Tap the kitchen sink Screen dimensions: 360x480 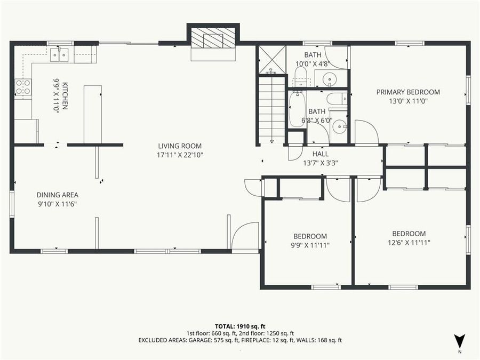(x=59, y=53)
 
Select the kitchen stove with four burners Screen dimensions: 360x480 (x=23, y=87)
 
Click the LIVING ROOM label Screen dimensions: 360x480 (x=180, y=146)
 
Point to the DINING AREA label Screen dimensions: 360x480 (x=58, y=195)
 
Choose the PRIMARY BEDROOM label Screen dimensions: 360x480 (x=408, y=92)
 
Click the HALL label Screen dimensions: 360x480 (x=320, y=154)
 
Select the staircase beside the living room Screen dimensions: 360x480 (x=272, y=109)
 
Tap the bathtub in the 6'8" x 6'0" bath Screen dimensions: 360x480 (x=297, y=109)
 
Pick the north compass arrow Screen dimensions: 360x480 (x=460, y=340)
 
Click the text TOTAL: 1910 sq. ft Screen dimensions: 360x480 (x=239, y=325)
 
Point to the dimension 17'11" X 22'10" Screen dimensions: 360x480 (x=180, y=155)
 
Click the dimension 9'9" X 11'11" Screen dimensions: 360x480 (x=310, y=245)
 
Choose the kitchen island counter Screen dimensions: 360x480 (x=92, y=114)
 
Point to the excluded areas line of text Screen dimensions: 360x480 (x=239, y=340)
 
